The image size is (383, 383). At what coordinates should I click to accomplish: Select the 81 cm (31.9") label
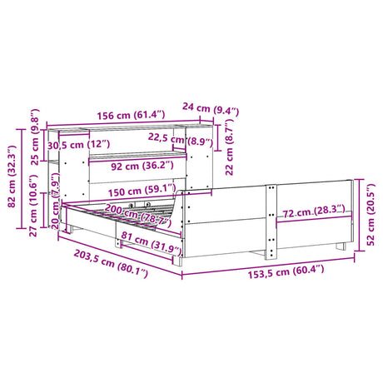152,244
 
